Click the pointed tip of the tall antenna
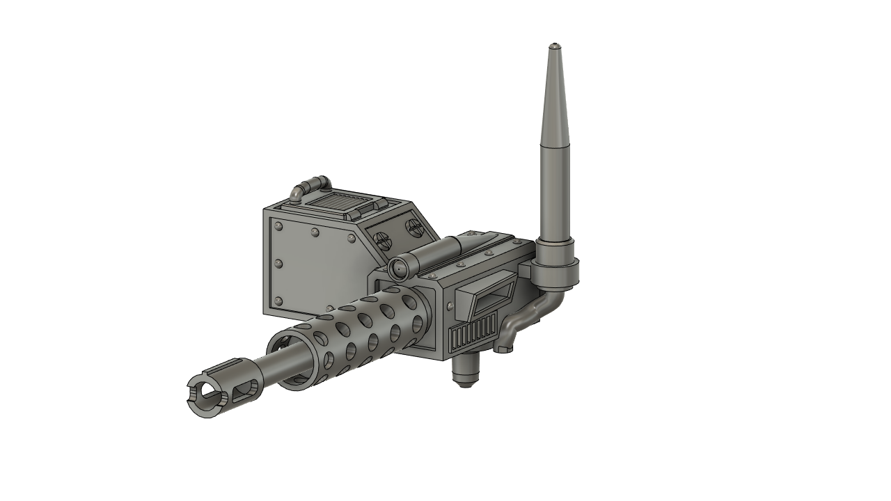[554, 46]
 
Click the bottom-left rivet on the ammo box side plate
[278, 301]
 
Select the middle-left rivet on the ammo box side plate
[278, 264]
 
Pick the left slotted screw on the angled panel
[381, 239]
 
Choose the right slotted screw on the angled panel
[413, 226]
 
